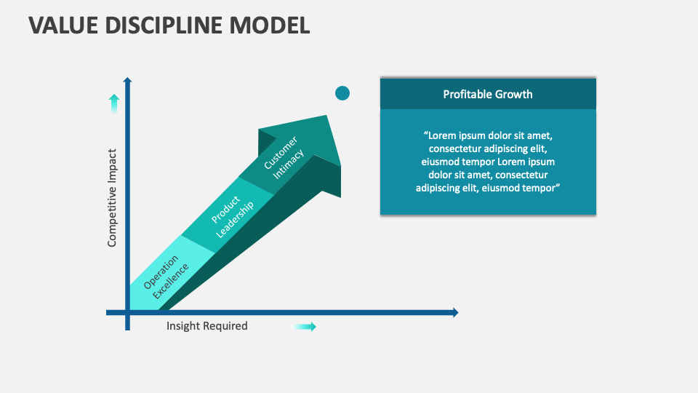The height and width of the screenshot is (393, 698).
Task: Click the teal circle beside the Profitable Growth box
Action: (342, 93)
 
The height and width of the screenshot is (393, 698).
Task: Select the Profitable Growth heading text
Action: (488, 94)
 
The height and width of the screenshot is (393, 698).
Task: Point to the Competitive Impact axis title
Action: (112, 198)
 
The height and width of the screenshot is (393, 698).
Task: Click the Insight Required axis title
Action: (207, 326)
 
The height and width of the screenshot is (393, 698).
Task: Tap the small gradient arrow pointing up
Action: (114, 103)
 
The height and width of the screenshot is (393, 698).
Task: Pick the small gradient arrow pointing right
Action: (305, 327)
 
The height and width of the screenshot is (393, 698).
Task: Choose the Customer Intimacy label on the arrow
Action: (284, 159)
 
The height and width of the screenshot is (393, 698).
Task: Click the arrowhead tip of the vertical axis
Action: (128, 79)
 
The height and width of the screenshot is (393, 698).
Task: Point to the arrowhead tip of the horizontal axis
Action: (456, 313)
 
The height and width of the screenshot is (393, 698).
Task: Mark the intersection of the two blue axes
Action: (128, 313)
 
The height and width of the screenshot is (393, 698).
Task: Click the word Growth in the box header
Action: (514, 94)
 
